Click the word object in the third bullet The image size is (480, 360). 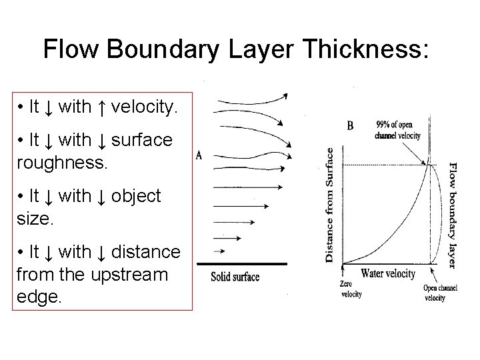pyautogui.click(x=135, y=197)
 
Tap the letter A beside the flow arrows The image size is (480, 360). pyautogui.click(x=199, y=155)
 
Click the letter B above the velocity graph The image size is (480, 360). pyautogui.click(x=350, y=125)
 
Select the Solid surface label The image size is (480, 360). pyautogui.click(x=235, y=276)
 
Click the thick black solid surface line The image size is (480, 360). pyautogui.click(x=241, y=264)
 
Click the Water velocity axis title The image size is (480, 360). pyautogui.click(x=387, y=273)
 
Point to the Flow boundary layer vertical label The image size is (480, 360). pyautogui.click(x=452, y=215)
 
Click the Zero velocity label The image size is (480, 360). pyautogui.click(x=350, y=289)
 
